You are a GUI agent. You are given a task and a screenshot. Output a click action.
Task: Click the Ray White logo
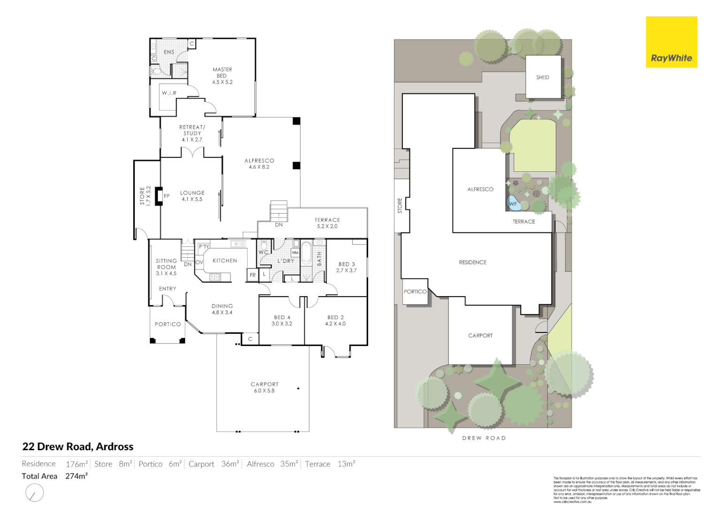[x=671, y=42]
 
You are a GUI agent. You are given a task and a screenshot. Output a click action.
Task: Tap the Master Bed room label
[x=222, y=76]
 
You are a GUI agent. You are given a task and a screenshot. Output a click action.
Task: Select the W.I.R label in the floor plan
[x=169, y=93]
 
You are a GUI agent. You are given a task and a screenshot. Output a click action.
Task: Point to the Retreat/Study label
[x=192, y=133]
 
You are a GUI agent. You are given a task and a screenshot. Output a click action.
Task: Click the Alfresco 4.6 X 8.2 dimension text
[x=259, y=167]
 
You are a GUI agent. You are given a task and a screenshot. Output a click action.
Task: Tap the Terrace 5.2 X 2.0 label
[x=327, y=223]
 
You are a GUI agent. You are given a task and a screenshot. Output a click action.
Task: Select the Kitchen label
[x=225, y=261]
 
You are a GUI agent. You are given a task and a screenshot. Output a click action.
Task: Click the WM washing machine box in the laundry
[x=295, y=253]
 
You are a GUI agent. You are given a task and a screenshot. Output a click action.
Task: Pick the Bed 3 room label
[x=347, y=267]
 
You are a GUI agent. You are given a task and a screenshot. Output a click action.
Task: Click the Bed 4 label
[x=282, y=321]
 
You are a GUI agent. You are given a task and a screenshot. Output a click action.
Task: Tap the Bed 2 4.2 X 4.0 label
[x=335, y=321]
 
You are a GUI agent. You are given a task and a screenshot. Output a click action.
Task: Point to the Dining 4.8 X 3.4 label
[x=222, y=309]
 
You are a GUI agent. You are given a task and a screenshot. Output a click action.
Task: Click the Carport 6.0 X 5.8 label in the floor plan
[x=264, y=387]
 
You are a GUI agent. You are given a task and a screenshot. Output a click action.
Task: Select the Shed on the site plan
[x=543, y=77]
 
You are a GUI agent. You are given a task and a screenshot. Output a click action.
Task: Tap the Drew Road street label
[x=484, y=438]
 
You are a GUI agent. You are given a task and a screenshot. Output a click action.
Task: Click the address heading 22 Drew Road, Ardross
[x=78, y=446]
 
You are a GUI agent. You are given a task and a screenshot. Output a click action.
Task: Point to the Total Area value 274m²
[x=77, y=476]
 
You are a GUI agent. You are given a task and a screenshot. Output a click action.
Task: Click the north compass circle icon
[x=34, y=493]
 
